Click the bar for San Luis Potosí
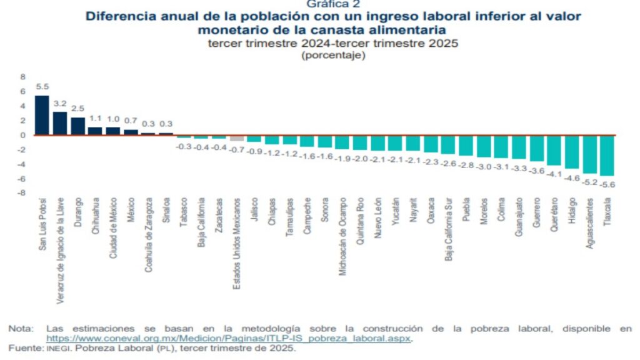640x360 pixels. click(x=42, y=115)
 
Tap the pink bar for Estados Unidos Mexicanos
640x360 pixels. click(x=237, y=137)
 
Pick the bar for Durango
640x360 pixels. click(x=77, y=126)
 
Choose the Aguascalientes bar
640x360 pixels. click(x=590, y=154)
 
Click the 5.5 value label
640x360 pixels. click(x=42, y=87)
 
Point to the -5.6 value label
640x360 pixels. click(x=607, y=184)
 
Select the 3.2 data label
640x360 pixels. click(x=60, y=104)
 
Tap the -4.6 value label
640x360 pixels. click(x=572, y=177)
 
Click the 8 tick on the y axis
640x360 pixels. click(x=23, y=77)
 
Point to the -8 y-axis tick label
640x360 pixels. click(x=22, y=193)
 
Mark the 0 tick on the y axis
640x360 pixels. click(x=23, y=135)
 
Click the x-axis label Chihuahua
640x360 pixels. click(x=96, y=217)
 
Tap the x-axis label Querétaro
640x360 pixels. click(x=555, y=217)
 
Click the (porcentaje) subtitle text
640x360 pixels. click(x=332, y=56)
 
